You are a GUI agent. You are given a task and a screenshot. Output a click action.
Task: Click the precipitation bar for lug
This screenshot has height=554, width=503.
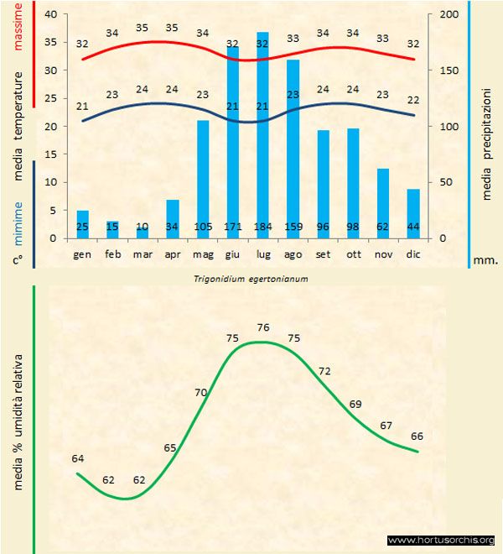pos(262,134)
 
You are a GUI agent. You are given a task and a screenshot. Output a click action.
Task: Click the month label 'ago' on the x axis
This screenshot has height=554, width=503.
pos(293,253)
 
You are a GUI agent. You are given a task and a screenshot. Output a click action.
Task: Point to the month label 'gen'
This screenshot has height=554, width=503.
pos(82,253)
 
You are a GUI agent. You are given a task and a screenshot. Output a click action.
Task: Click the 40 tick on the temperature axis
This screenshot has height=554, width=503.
pos(50,15)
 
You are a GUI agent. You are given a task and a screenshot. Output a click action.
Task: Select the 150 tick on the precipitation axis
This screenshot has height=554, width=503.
pos(449,71)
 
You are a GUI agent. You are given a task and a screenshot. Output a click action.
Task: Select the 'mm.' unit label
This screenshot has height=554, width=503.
pos(485,260)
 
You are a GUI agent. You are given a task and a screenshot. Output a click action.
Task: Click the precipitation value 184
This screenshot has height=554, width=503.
pos(262,227)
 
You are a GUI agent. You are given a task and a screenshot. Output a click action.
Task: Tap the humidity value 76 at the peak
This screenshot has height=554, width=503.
pos(262,327)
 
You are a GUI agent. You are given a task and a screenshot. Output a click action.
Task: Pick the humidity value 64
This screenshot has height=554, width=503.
pos(78,458)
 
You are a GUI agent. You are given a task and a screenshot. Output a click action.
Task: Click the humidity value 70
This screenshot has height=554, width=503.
pos(201,392)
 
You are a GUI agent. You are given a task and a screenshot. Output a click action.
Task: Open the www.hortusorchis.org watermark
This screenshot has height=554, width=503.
pos(441,540)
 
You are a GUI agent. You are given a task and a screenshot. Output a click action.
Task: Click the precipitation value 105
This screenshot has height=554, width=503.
pos(203,227)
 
